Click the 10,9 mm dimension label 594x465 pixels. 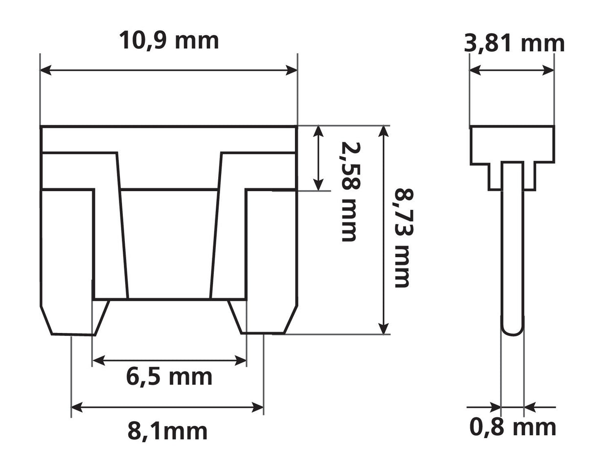(169, 41)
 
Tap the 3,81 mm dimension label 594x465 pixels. (514, 44)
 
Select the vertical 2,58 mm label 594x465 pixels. (349, 191)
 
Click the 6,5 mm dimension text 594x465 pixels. (169, 377)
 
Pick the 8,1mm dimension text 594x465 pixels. (167, 431)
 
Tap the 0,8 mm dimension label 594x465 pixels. (513, 427)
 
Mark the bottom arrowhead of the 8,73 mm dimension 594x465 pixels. (385, 328)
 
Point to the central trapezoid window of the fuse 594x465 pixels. (169, 244)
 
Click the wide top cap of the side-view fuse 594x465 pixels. (512, 144)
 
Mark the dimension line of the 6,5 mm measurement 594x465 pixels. (169, 361)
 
